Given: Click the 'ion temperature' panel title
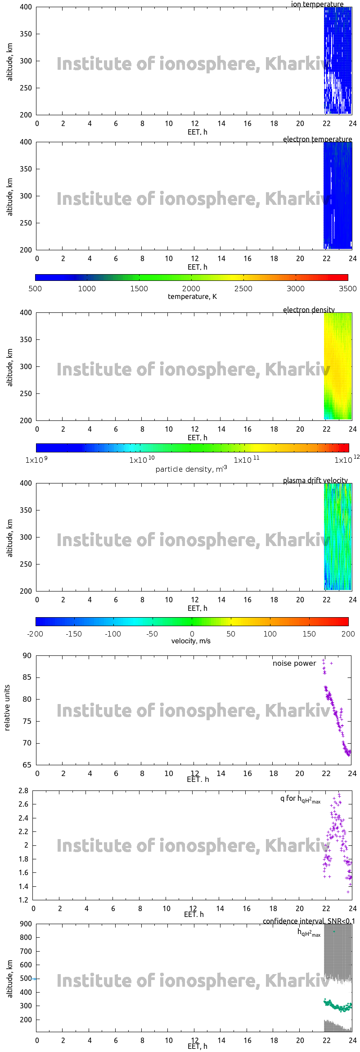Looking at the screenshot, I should (x=317, y=4).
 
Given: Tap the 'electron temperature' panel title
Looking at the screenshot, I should (x=317, y=139).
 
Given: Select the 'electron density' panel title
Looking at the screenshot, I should (x=309, y=310).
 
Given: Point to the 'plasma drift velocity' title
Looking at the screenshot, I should (x=315, y=480).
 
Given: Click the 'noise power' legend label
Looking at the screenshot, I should (x=294, y=663).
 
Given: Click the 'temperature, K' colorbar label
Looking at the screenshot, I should (x=192, y=296).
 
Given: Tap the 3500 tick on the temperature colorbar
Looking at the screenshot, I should (x=347, y=289).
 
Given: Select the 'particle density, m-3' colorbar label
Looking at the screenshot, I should (x=191, y=469).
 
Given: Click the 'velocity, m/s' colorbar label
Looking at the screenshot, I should (x=191, y=641).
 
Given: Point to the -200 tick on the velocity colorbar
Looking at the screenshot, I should (x=35, y=634).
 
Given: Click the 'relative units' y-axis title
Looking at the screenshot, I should (x=7, y=708).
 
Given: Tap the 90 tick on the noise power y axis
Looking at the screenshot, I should (x=27, y=655).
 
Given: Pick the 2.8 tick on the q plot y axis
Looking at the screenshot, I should (x=23, y=790).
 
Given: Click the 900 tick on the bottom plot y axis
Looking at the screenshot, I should (x=26, y=924).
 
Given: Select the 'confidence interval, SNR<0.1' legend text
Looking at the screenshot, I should (x=309, y=921).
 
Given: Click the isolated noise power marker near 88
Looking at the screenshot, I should (x=332, y=663).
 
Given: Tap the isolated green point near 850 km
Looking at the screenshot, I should (x=334, y=931).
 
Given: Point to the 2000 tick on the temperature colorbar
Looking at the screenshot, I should (x=191, y=289).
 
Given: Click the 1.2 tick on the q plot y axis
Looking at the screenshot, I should (x=23, y=900).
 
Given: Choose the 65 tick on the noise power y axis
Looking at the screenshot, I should (x=27, y=765).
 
